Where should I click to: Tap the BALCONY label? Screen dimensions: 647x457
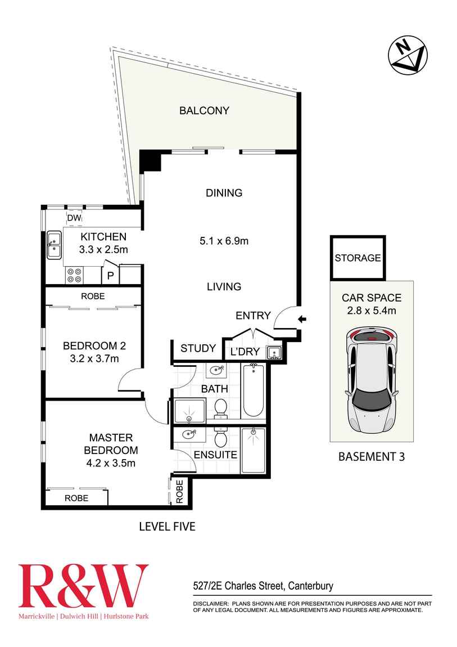tap(204, 110)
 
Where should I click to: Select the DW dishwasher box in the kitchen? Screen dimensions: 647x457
tap(74, 218)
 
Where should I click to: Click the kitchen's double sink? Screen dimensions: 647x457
tap(54, 245)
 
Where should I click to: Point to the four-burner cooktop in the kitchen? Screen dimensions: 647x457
tap(74, 275)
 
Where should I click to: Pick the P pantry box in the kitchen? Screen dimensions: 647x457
tap(110, 276)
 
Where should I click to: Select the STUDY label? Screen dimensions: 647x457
tap(198, 348)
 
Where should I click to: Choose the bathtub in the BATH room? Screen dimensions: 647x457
tap(254, 390)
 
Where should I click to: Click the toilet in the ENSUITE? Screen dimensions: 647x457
tap(221, 438)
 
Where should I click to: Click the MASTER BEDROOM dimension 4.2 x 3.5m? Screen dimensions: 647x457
tap(110, 463)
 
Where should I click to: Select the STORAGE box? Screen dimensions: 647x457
tap(358, 258)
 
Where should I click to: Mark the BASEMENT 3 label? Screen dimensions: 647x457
tap(371, 456)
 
